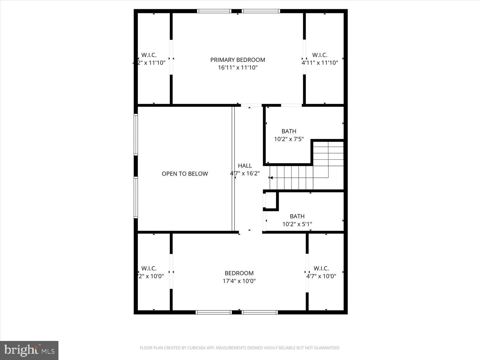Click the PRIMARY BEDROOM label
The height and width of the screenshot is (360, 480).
(x=237, y=60)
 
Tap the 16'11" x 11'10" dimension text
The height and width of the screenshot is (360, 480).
(x=237, y=67)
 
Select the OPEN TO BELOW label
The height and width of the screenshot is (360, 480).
(x=185, y=174)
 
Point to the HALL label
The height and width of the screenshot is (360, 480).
(x=245, y=166)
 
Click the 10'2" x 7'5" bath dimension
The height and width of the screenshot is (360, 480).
(x=289, y=139)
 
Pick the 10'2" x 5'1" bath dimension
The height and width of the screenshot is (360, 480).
(x=297, y=224)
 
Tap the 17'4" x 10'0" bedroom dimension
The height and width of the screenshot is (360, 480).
(x=239, y=281)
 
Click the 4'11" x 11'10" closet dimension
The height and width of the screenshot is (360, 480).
(x=320, y=63)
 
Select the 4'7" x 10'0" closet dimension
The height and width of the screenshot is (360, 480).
(x=321, y=276)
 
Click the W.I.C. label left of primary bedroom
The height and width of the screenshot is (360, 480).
(x=149, y=55)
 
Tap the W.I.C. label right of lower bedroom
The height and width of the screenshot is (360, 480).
(x=321, y=268)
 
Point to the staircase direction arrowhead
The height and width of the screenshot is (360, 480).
(x=271, y=178)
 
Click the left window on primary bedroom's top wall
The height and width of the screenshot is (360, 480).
(x=214, y=11)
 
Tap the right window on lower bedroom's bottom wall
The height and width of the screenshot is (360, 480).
(x=260, y=312)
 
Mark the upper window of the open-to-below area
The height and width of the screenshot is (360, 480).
(x=136, y=134)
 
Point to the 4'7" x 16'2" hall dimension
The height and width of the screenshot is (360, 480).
(x=245, y=173)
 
